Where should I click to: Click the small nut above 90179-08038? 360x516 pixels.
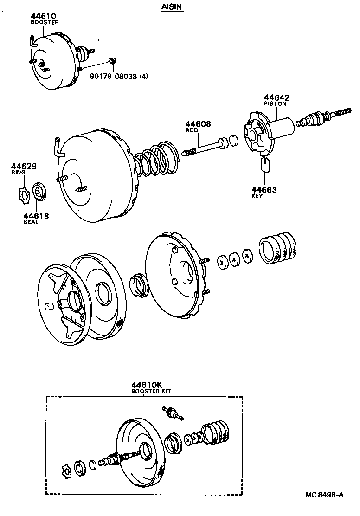tap(112, 61)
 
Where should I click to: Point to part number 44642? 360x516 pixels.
tap(277, 97)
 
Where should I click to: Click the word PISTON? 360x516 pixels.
tap(276, 104)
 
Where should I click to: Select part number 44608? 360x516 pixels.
tap(198, 124)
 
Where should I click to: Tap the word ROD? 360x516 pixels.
tap(192, 130)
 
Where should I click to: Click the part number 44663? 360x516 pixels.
tap(264, 189)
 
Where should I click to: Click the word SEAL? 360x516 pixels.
tap(31, 222)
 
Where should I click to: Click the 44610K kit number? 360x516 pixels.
tap(147, 385)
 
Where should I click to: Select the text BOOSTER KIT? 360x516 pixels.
tap(151, 391)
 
